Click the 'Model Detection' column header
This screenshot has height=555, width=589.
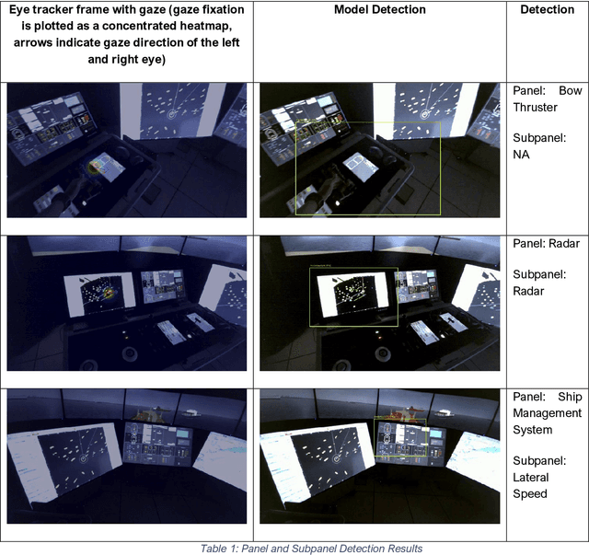click(379, 9)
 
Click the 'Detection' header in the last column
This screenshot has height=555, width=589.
click(548, 9)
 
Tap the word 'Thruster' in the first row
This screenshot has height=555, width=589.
click(537, 108)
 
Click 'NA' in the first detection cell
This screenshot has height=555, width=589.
click(521, 156)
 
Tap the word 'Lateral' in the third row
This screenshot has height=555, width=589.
click(531, 477)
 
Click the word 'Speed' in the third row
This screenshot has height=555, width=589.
click(530, 493)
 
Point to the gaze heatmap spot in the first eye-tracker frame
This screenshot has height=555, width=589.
click(96, 166)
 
